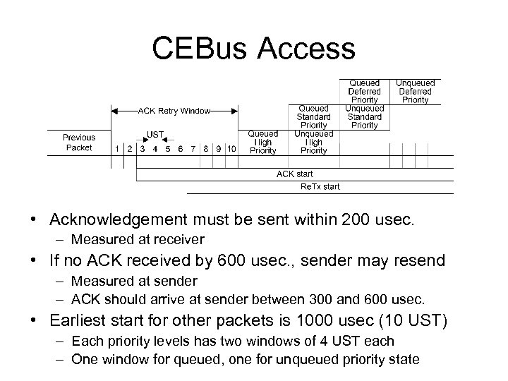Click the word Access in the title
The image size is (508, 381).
click(x=306, y=48)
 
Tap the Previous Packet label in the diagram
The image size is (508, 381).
click(x=79, y=143)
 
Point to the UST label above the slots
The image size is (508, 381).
click(x=155, y=134)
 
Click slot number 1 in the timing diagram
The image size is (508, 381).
click(x=117, y=149)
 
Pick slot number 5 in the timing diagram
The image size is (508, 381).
click(x=167, y=149)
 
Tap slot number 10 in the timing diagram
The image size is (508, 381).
click(x=232, y=149)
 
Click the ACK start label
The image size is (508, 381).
click(x=295, y=174)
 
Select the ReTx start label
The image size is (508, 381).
click(x=320, y=187)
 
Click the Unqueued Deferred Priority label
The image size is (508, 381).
click(x=415, y=92)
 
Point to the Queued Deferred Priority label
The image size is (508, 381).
click(x=364, y=92)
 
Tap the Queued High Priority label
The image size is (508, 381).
click(x=262, y=142)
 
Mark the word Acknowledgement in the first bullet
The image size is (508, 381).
click(x=115, y=221)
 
